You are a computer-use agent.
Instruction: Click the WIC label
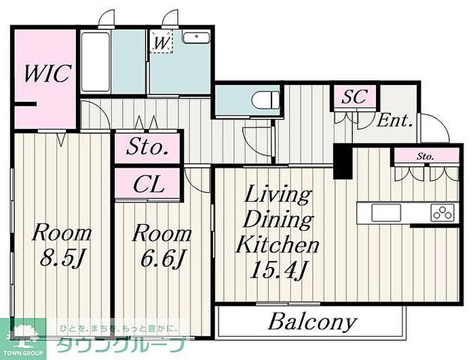tap(47, 73)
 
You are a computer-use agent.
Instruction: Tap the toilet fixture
tap(266, 99)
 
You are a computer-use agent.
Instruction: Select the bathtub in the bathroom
tap(96, 62)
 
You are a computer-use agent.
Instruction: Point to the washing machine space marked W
tap(161, 41)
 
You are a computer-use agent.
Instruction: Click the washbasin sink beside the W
tap(196, 38)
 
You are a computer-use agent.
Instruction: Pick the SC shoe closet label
tap(354, 96)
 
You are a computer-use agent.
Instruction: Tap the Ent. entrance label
tap(395, 121)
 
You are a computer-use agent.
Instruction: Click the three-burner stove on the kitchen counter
tap(443, 212)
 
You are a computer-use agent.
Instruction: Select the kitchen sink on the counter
tap(386, 213)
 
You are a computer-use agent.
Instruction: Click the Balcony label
tap(312, 322)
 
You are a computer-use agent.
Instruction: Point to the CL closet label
tap(149, 184)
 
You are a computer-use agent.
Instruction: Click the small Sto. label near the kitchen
tap(425, 156)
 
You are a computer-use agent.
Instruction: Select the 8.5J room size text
tap(62, 258)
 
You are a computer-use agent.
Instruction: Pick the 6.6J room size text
tap(161, 258)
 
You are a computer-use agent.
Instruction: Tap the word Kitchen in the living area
tap(277, 245)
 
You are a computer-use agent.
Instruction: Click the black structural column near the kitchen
tap(343, 162)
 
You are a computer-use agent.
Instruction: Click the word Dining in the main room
tap(278, 220)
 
